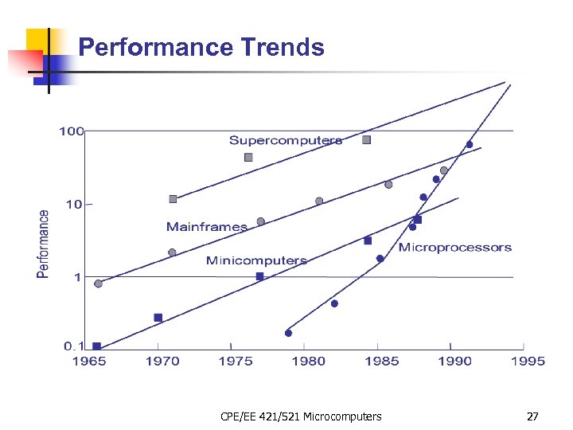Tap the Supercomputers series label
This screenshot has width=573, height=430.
286,141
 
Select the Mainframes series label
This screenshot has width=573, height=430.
207,227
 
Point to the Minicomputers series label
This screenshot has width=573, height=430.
256,260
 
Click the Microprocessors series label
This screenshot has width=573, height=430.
454,248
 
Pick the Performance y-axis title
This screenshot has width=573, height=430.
44,244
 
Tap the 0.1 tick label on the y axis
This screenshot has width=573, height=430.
74,346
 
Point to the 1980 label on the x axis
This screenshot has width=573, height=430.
308,362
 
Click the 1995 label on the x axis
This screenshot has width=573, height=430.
528,362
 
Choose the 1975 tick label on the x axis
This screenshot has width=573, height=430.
236,362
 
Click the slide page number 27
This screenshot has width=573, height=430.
532,416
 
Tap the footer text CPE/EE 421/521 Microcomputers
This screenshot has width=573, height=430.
301,416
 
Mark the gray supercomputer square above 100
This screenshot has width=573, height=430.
366,140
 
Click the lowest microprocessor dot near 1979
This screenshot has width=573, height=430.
288,333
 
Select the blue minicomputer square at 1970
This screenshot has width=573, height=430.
158,318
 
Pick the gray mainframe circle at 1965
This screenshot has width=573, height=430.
98,283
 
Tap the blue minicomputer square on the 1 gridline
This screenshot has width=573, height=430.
259,276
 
